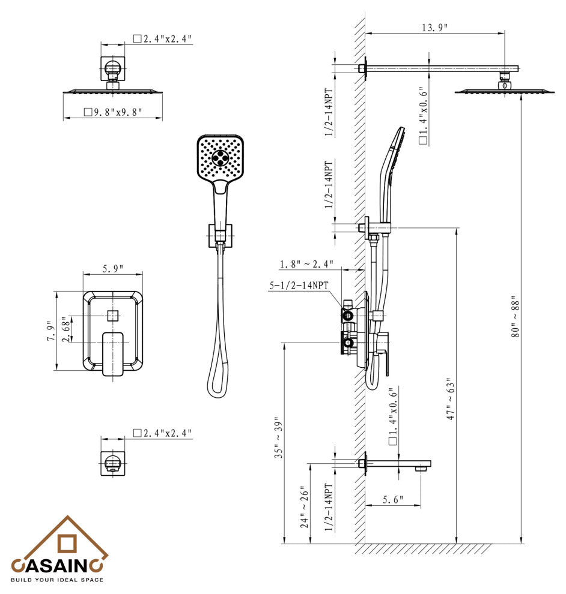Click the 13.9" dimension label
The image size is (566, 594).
click(434, 27)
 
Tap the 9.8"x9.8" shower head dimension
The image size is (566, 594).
click(113, 112)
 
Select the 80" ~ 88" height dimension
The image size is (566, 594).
click(515, 317)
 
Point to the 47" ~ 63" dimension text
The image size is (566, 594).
click(450, 399)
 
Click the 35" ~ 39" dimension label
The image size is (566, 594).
click(279, 437)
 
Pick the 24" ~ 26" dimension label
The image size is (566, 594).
click(305, 507)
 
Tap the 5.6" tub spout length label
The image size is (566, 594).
click(392, 500)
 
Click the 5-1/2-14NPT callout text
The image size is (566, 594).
click(299, 285)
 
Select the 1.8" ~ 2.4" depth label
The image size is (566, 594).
click(306, 264)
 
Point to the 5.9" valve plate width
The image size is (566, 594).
click(113, 269)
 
